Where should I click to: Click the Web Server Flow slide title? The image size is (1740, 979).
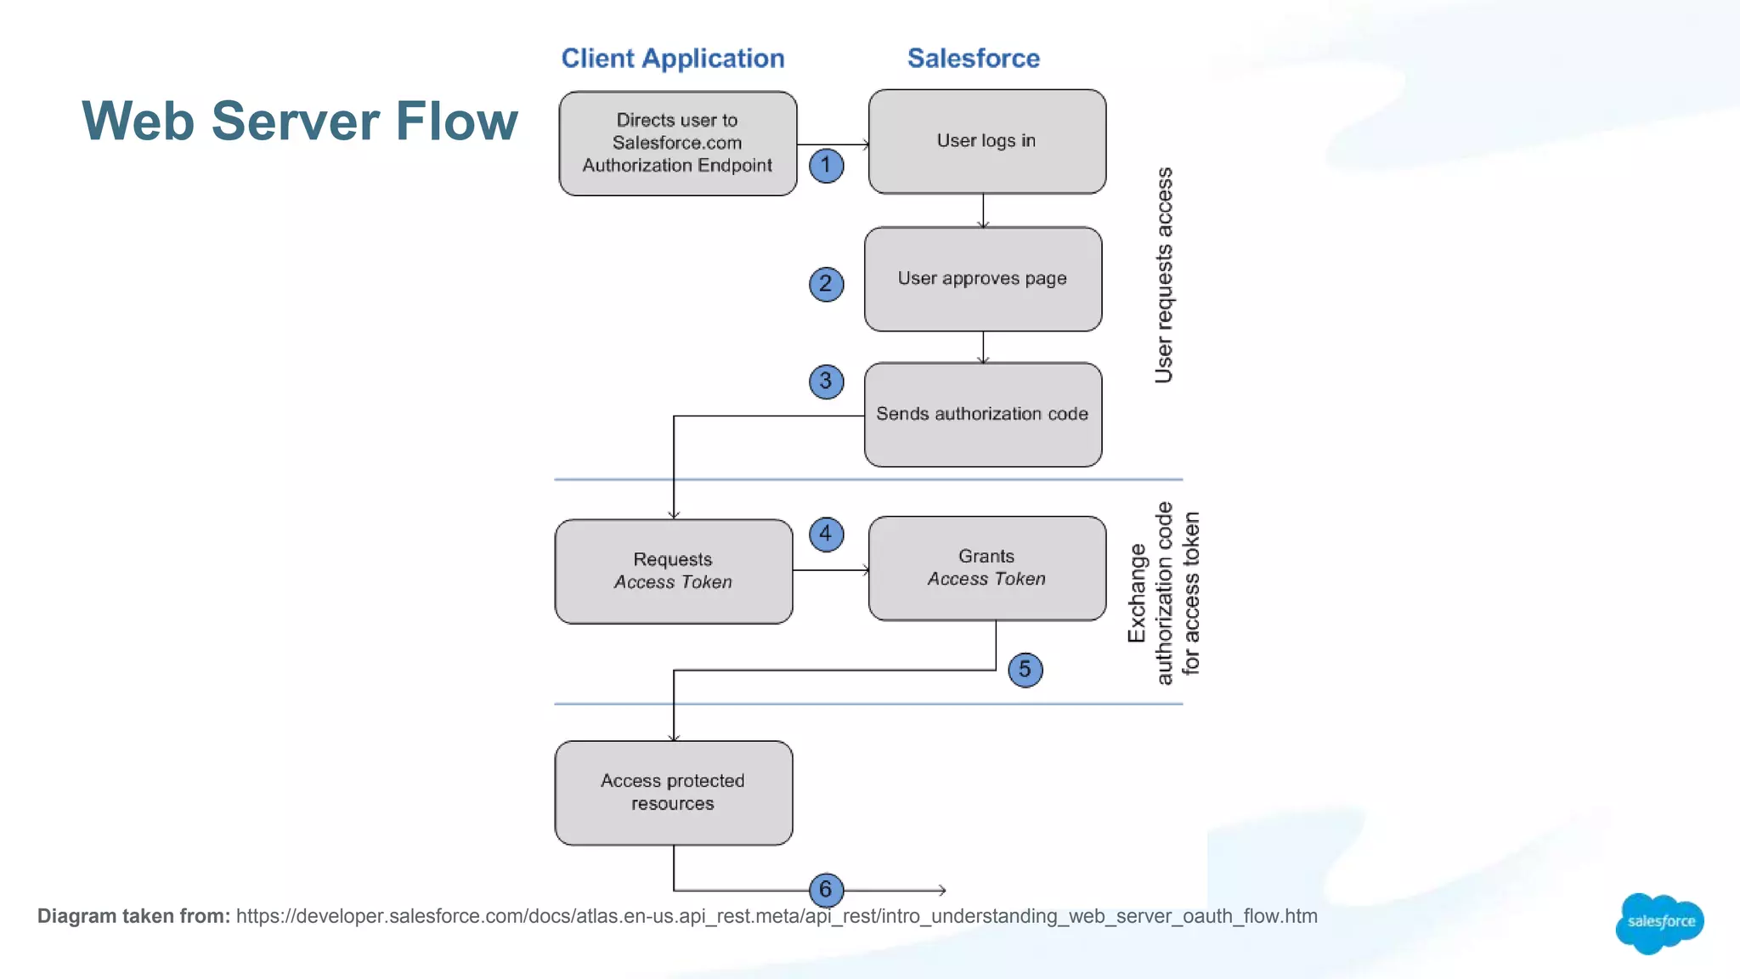299,121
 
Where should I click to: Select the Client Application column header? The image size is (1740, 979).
672,58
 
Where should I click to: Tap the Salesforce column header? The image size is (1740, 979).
973,58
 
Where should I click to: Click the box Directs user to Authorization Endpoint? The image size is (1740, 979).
677,144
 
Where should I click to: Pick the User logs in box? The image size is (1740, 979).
986,142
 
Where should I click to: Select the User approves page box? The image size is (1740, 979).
982,279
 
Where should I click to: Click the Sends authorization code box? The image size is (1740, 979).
982,415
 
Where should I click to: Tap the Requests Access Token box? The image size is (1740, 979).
673,571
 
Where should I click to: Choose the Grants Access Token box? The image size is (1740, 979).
986,568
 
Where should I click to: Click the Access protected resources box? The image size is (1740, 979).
673,792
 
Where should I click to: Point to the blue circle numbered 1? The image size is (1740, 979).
826,165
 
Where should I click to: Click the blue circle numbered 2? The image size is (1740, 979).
826,284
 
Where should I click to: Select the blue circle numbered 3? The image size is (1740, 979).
826,382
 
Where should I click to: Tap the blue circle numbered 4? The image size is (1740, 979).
826,535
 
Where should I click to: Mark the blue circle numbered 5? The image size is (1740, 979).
1025,670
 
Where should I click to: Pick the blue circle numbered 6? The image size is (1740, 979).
826,890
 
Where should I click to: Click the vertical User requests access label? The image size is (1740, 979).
1164,275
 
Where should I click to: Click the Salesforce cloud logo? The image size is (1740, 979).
1659,922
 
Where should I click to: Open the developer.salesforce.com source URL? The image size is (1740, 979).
776,916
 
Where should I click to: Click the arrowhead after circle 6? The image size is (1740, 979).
942,890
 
